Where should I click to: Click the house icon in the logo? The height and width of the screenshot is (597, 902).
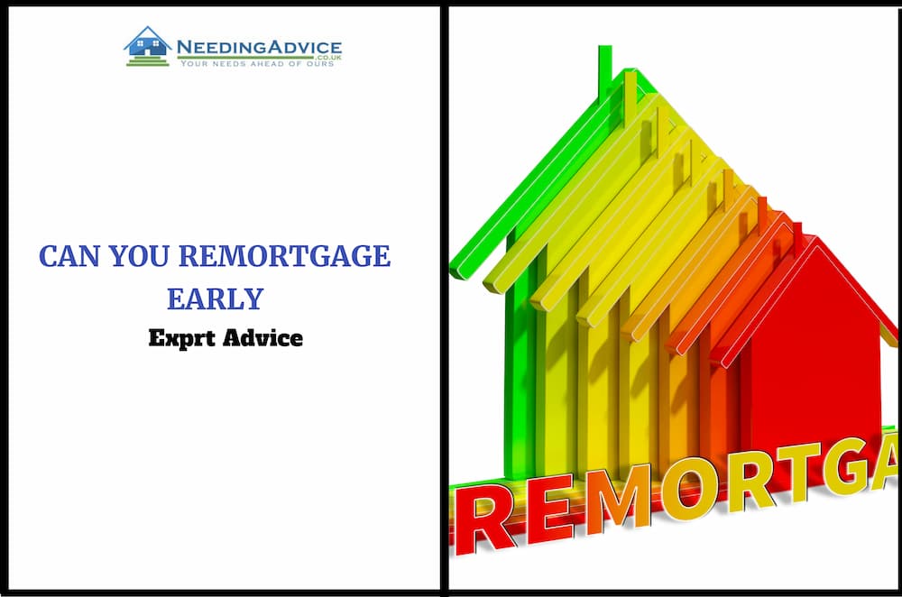[x=148, y=46]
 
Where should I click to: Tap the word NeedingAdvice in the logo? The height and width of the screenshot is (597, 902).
[x=259, y=47]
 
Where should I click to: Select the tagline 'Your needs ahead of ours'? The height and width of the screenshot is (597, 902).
[x=257, y=64]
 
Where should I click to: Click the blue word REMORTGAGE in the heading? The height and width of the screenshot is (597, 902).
[x=285, y=256]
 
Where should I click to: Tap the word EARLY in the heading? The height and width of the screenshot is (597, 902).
[x=216, y=299]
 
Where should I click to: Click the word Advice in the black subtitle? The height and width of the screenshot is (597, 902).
[x=262, y=337]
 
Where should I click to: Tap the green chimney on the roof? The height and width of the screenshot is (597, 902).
[x=604, y=72]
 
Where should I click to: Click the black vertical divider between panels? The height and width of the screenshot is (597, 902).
[x=444, y=298]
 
